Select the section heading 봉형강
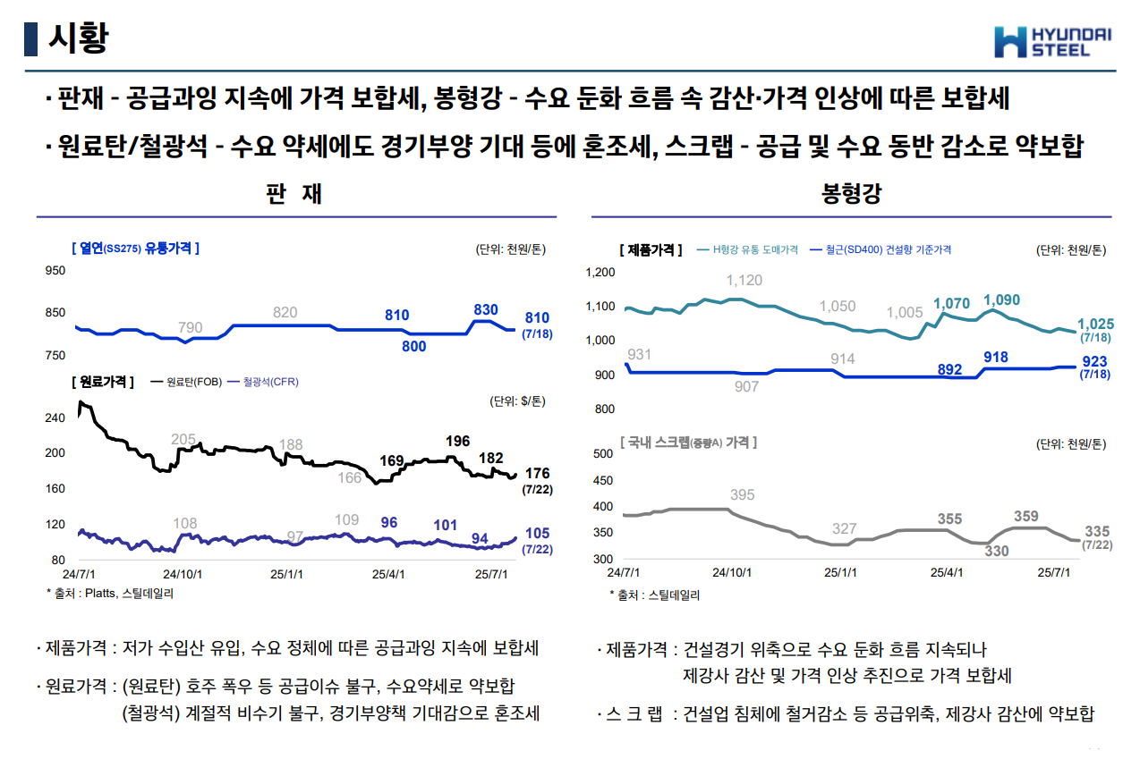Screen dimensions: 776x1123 pos(851,194)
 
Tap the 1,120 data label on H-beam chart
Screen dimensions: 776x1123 pos(744,281)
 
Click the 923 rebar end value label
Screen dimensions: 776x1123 pos(1093,362)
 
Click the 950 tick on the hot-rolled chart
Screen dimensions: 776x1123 pos(55,270)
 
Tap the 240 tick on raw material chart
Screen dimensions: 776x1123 pos(55,418)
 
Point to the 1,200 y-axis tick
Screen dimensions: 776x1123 pos(600,273)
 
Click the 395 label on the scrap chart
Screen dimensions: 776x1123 pos(742,494)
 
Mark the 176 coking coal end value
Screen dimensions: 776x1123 pos(537,473)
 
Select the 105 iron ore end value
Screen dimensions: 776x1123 pos(537,534)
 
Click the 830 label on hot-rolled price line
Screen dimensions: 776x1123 pos(485,310)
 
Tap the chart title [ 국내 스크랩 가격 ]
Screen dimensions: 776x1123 pos(688,443)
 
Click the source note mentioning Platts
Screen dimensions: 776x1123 pos(110,593)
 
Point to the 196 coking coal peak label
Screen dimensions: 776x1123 pos(457,441)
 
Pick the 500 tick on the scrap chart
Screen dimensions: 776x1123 pos(603,453)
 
